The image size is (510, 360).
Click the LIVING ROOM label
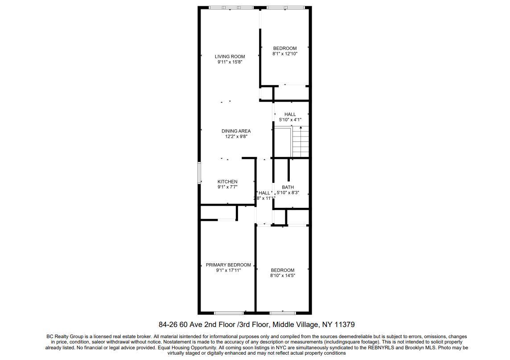tap(230, 57)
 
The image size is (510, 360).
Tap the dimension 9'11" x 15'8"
tap(230, 62)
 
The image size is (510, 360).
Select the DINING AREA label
tap(236, 131)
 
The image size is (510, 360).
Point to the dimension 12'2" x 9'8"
tap(236, 137)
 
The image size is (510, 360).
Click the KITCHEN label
tap(227, 182)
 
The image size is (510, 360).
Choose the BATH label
tap(288, 187)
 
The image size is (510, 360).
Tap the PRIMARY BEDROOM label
tap(228, 265)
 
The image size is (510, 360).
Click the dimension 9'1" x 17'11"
tap(228, 270)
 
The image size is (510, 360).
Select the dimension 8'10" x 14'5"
tap(283, 276)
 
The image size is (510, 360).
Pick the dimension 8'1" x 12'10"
tap(285, 54)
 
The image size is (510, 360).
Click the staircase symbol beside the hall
tap(300, 142)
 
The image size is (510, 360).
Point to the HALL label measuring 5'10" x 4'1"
tap(290, 114)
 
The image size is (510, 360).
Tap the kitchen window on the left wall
tap(200, 173)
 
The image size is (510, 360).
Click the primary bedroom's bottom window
tap(229, 312)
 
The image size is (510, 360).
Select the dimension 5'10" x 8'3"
tap(288, 193)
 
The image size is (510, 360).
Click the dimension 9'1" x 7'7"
tap(227, 187)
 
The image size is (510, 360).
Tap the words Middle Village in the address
tap(294, 325)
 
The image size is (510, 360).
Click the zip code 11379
tap(345, 325)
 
